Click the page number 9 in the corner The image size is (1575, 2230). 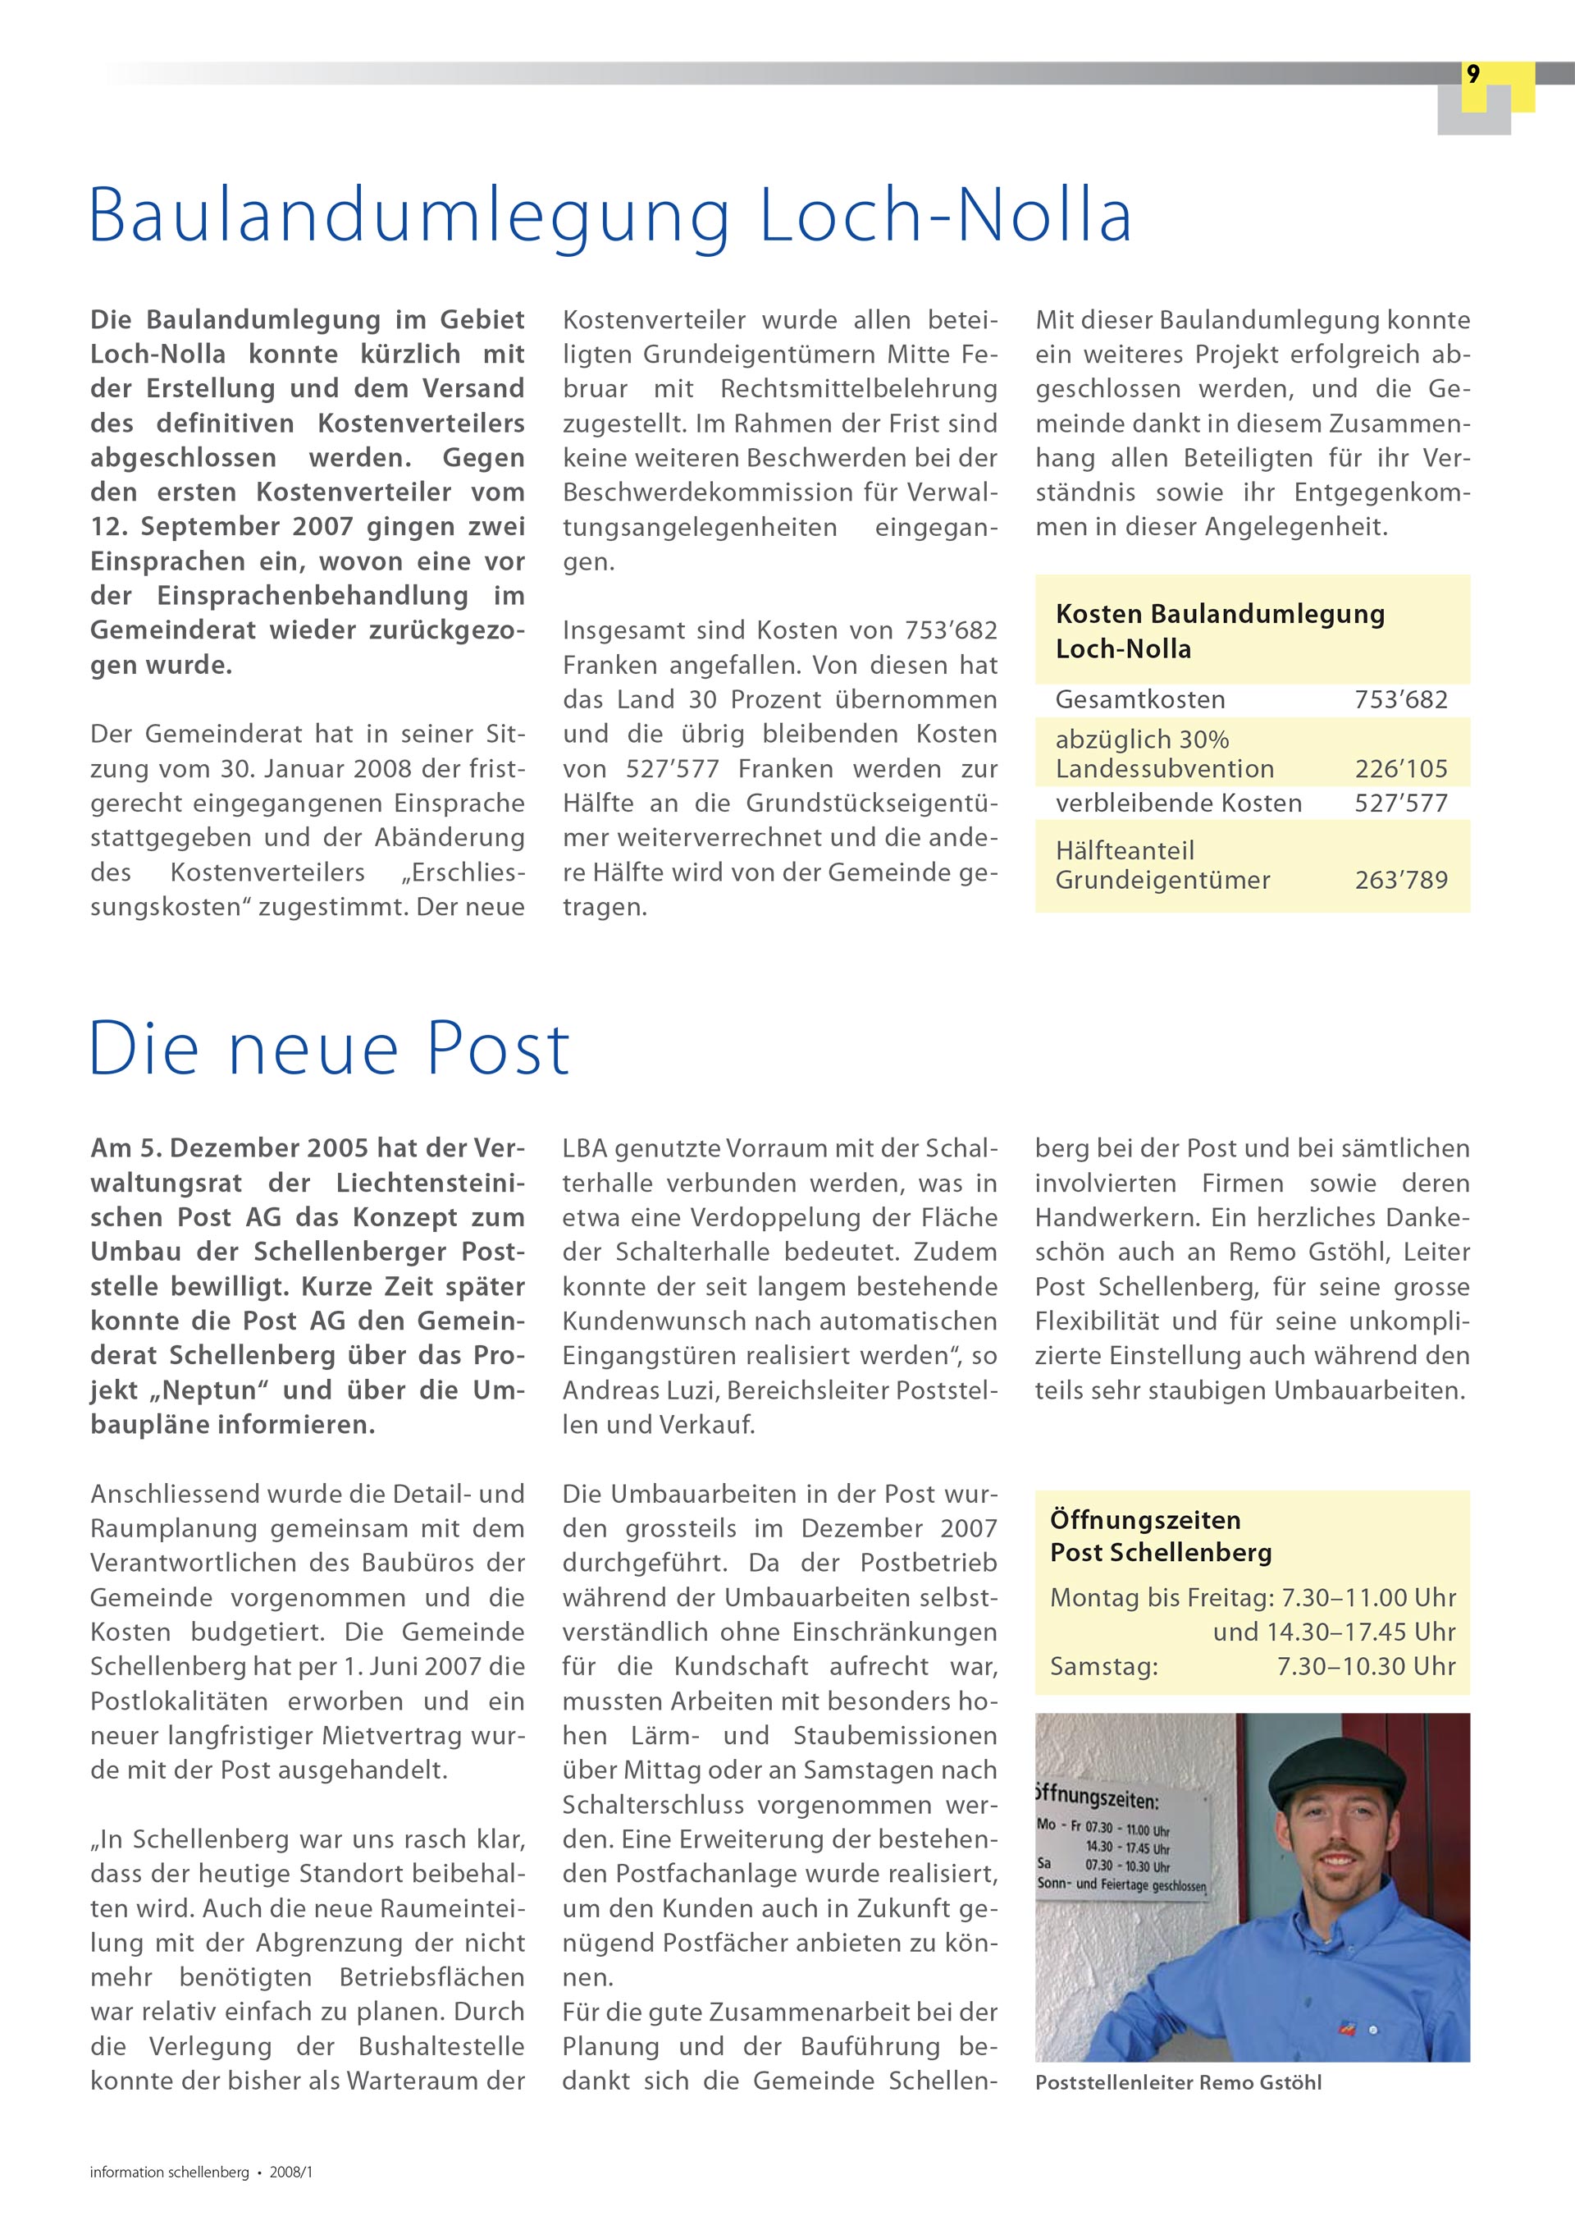click(1473, 75)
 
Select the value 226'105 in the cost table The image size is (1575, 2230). click(1400, 769)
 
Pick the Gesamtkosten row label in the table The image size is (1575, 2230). click(1140, 699)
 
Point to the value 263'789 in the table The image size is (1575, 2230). click(1400, 880)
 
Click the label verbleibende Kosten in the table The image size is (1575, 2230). click(1179, 804)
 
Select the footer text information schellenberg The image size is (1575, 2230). click(170, 2173)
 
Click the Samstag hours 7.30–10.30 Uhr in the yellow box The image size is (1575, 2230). click(1366, 1667)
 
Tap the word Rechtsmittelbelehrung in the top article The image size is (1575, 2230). click(858, 388)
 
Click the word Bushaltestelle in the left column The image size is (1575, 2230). click(442, 2046)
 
